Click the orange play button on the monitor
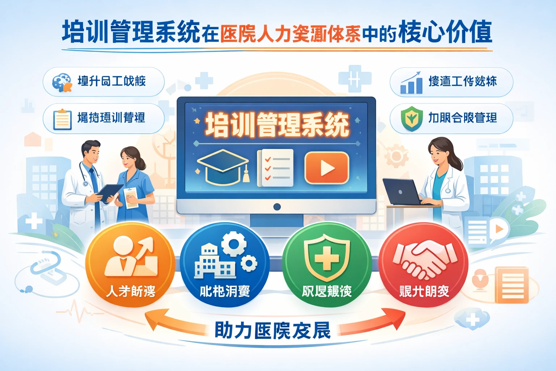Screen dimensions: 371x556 tap(327, 167)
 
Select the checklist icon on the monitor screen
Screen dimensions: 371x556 tap(275, 168)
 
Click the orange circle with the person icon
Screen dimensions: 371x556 tap(130, 265)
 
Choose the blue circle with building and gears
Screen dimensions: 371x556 tap(225, 265)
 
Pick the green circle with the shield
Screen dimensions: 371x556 tap(327, 265)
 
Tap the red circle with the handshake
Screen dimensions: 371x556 tap(424, 265)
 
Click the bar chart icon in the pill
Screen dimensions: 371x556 tap(411, 83)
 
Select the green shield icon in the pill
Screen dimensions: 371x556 tap(412, 118)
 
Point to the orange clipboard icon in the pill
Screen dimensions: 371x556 tap(62, 119)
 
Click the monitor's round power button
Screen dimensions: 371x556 tap(277, 207)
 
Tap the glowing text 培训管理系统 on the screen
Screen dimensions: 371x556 tap(277, 125)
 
